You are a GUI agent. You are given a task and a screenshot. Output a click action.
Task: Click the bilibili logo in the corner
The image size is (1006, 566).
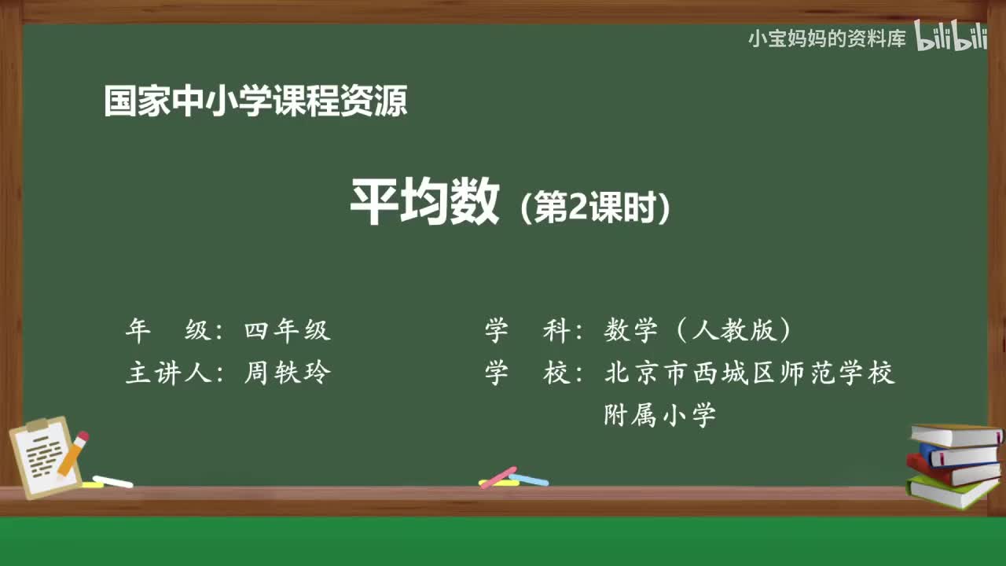tap(951, 38)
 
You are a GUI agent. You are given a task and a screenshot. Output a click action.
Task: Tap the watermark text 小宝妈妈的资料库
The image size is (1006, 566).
tap(827, 39)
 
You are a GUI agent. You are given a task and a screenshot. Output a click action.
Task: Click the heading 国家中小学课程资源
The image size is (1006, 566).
tap(255, 102)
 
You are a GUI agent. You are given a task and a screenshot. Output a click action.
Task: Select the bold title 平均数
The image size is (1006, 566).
tap(424, 203)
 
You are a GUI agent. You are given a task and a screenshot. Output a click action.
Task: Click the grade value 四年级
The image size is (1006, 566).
tap(287, 331)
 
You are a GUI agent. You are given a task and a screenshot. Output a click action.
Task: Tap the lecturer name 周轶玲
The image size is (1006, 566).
tap(287, 373)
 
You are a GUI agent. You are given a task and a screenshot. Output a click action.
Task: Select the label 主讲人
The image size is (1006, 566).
tap(170, 373)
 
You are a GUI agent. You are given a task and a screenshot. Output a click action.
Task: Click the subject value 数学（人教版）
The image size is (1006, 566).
tap(699, 331)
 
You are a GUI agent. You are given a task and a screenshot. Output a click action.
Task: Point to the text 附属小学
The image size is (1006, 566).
tap(659, 414)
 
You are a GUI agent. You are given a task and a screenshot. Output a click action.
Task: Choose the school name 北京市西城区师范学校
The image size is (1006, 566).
tap(749, 373)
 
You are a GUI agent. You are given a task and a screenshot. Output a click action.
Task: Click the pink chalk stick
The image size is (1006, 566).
tap(497, 477)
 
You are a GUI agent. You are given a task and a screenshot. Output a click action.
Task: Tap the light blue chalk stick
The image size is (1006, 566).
tap(529, 479)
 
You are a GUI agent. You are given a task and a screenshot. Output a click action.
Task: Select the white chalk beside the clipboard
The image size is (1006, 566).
tap(112, 481)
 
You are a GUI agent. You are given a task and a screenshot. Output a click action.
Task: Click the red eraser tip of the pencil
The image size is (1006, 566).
tap(82, 437)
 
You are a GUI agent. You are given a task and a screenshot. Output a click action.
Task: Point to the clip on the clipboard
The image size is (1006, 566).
tap(37, 425)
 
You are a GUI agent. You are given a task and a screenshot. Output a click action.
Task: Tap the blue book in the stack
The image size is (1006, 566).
tap(959, 454)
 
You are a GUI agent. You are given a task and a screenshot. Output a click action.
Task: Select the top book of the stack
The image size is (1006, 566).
tap(955, 435)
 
